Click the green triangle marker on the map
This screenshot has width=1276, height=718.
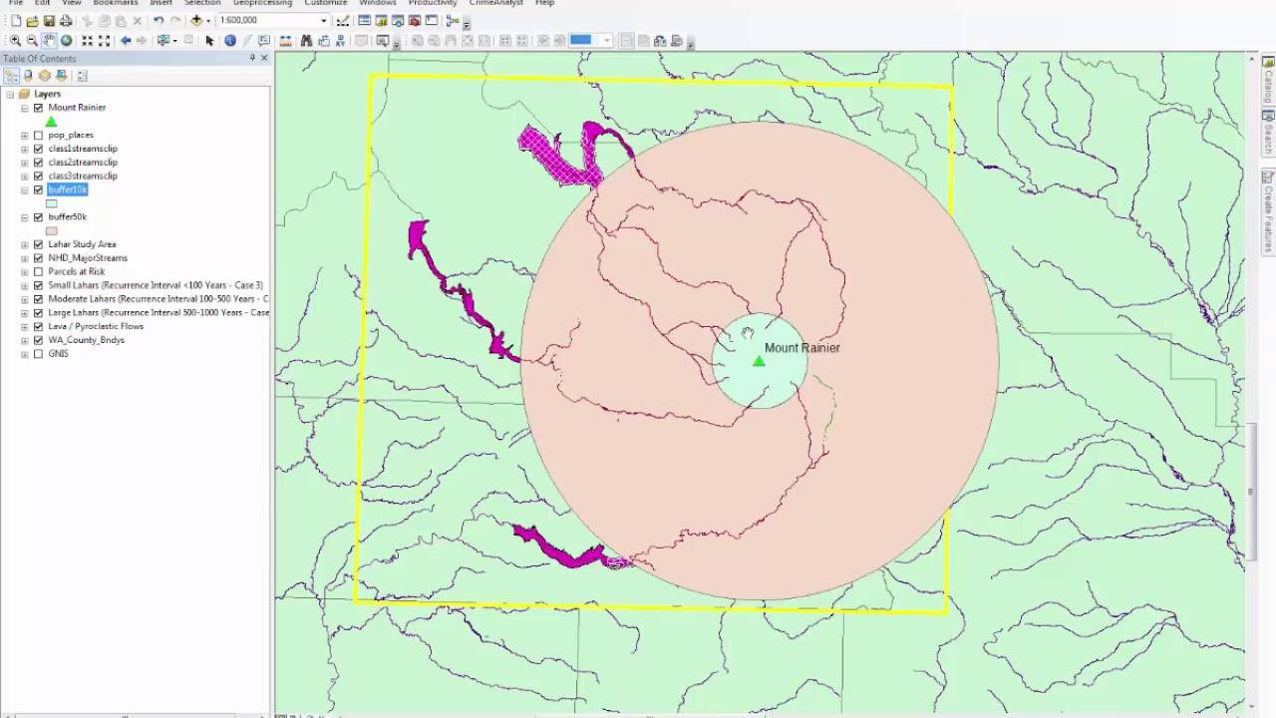(759, 361)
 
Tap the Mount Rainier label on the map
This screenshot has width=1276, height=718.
(801, 348)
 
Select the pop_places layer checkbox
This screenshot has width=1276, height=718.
(39, 135)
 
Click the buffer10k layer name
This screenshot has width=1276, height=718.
(68, 189)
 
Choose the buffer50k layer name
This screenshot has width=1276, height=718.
(67, 216)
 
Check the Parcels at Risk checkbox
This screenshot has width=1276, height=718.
(39, 271)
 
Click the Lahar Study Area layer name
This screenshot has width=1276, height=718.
(82, 244)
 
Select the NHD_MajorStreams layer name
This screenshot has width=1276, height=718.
(88, 258)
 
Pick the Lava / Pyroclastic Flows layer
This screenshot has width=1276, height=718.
(96, 326)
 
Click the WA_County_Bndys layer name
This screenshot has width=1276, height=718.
(86, 340)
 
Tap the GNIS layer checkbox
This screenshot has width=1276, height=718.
(39, 354)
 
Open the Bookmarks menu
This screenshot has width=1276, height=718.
(116, 3)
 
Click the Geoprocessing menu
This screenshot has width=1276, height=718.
(262, 3)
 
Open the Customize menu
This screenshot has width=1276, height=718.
(326, 3)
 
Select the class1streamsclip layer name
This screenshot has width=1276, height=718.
(83, 149)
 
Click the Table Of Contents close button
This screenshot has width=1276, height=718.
(264, 58)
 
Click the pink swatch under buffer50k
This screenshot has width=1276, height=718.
(52, 230)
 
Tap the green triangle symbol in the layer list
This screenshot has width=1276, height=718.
(52, 122)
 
